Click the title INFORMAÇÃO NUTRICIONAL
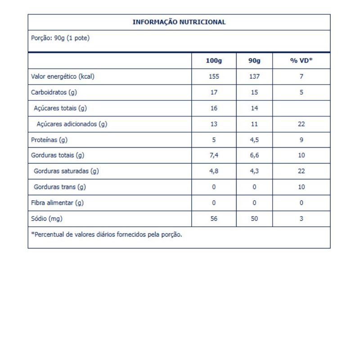pos(179,22)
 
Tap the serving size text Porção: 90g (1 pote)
pos(60,38)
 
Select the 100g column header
pos(214,61)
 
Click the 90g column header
pos(254,61)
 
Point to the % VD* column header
pos(301,61)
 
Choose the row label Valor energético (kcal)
pos(63,76)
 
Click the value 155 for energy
pos(214,76)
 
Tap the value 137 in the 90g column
pos(254,76)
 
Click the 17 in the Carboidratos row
pos(214,92)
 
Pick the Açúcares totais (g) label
pos(60,108)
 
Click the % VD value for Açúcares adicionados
pos(301,124)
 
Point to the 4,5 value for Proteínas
pos(254,139)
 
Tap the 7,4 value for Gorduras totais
pos(214,155)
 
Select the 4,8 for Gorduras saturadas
pos(214,171)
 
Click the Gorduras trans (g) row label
pos(60,187)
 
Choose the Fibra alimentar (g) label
pos(57,202)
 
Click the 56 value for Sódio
pos(214,218)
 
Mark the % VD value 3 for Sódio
pos(301,218)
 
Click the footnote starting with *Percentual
pos(107,234)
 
